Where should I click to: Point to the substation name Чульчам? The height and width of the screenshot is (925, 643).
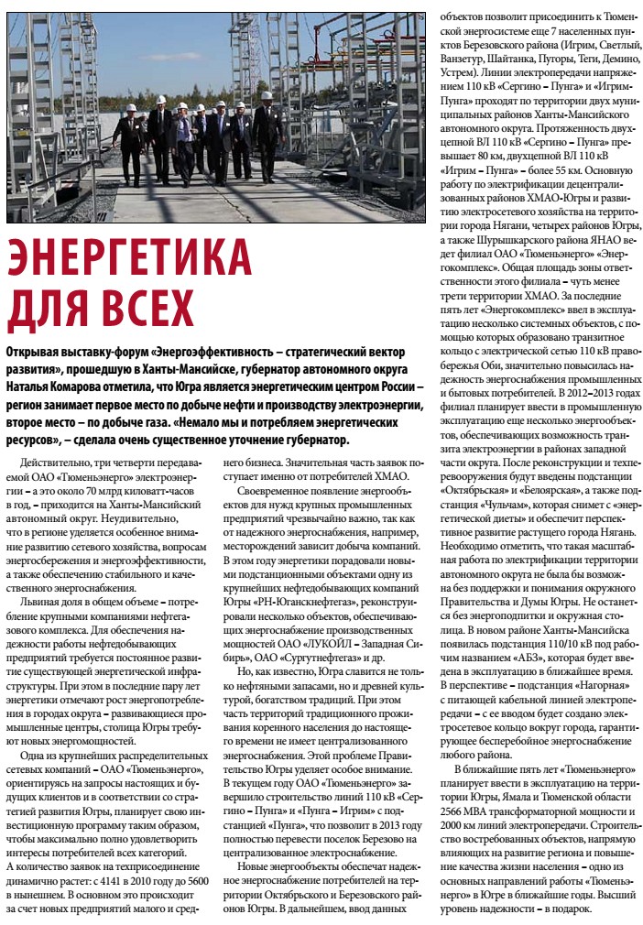[505, 506]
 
